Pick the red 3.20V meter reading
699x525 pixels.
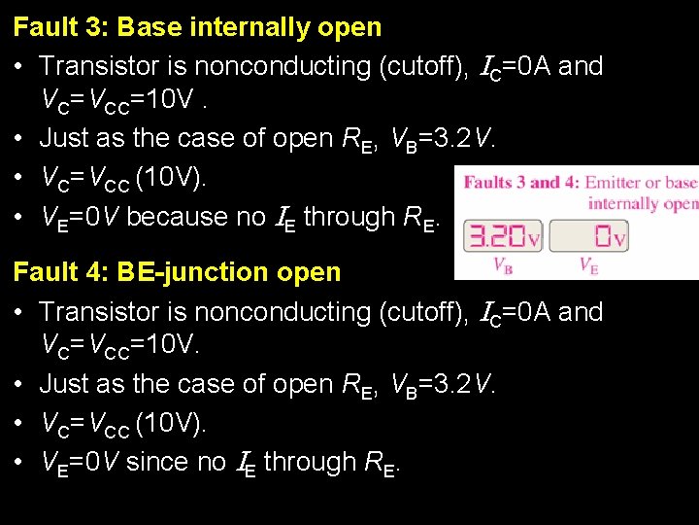(x=502, y=236)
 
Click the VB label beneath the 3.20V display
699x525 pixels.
(x=503, y=264)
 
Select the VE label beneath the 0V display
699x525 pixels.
(x=587, y=264)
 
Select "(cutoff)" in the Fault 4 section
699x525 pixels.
(x=416, y=312)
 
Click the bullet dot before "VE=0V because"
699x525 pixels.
(x=19, y=218)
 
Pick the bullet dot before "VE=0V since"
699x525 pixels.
(x=19, y=463)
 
